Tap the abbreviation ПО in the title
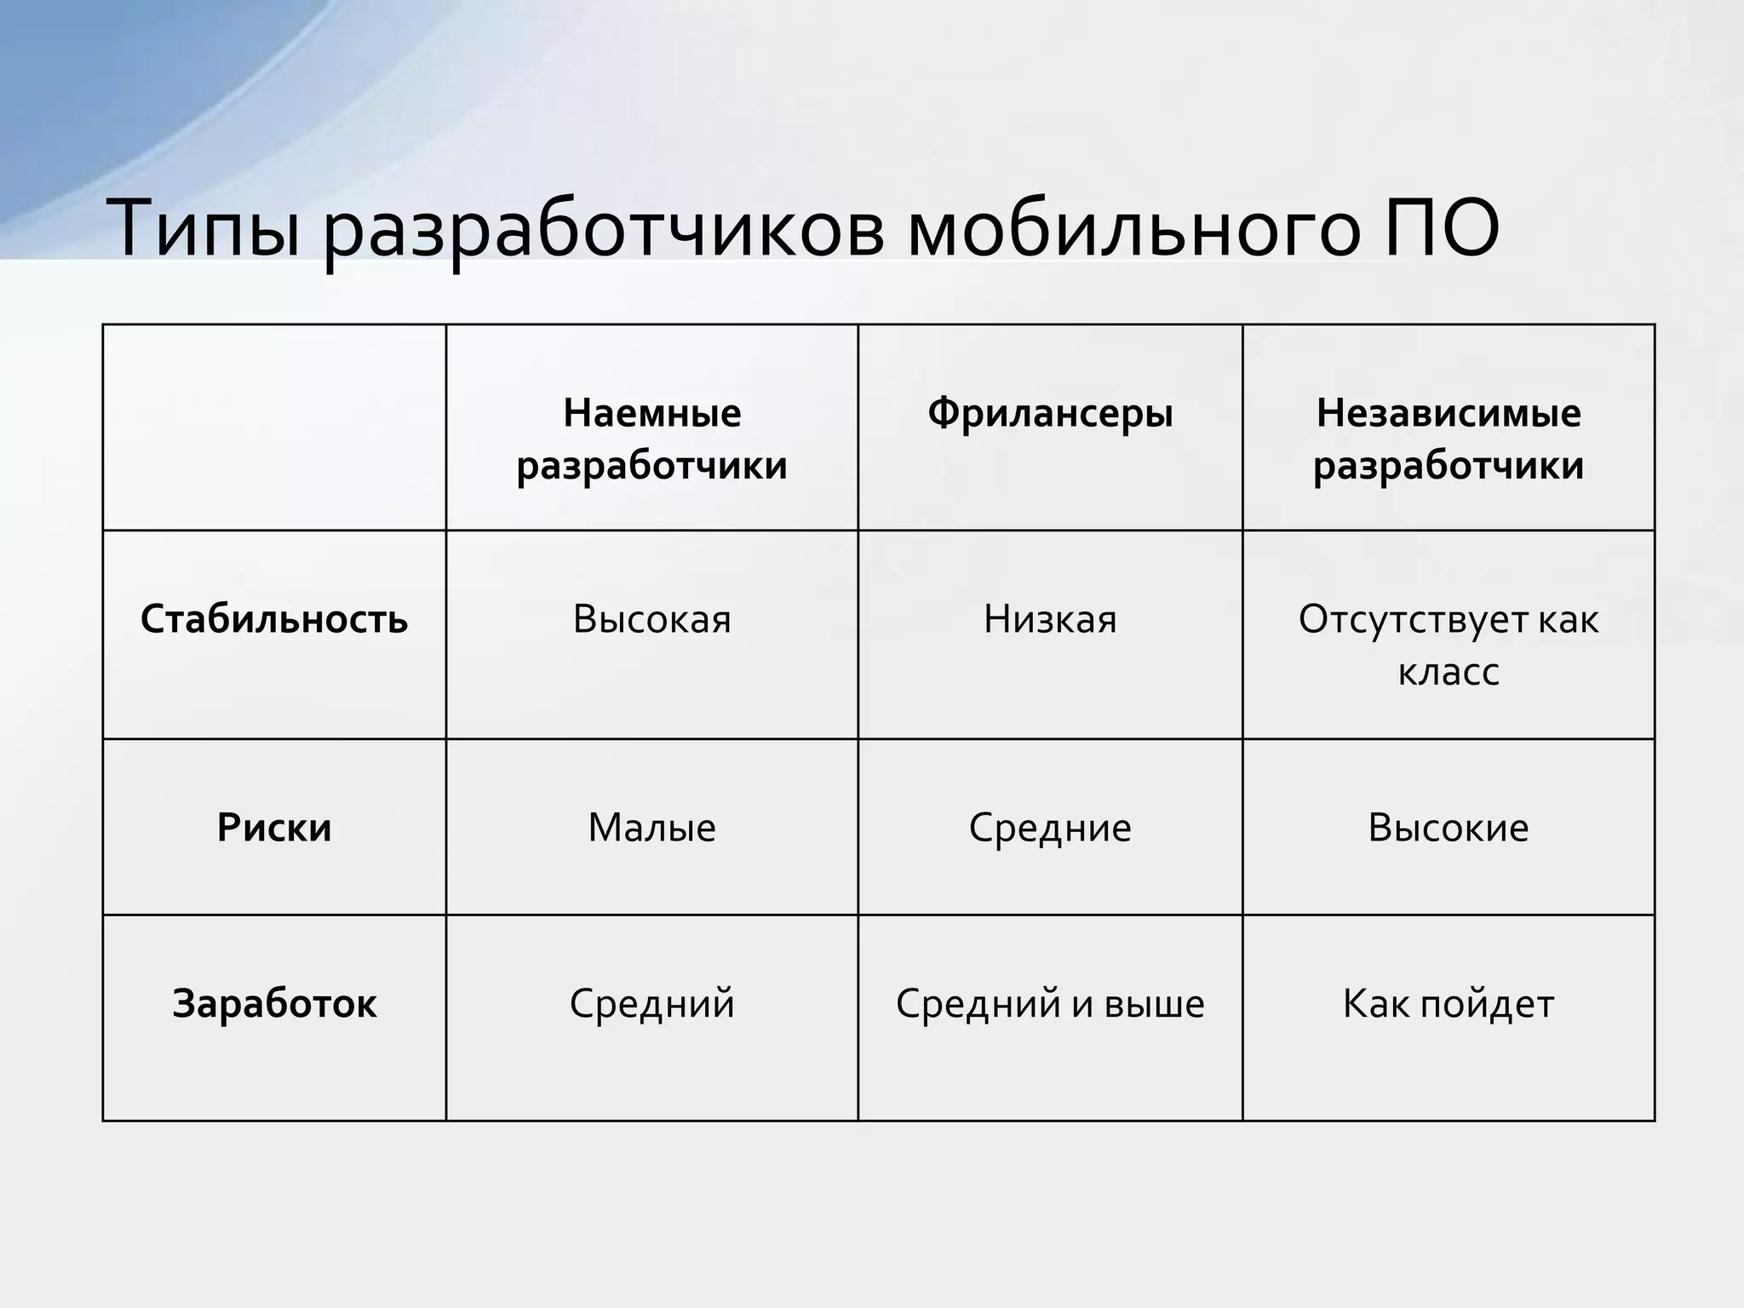(x=1440, y=228)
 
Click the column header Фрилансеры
(x=1050, y=414)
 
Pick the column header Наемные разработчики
(x=651, y=439)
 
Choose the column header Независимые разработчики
(x=1448, y=439)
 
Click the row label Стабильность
(x=274, y=619)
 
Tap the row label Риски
(x=274, y=828)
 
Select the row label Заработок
(x=274, y=1003)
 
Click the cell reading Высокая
(x=651, y=619)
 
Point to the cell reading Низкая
(x=1050, y=619)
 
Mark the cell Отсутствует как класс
(x=1448, y=645)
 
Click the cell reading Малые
(x=651, y=828)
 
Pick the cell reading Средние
(x=1050, y=828)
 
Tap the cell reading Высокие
(x=1448, y=828)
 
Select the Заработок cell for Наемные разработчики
(x=651, y=1003)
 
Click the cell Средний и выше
(x=1050, y=1003)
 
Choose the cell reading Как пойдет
(x=1448, y=1003)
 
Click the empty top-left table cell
(x=274, y=427)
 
